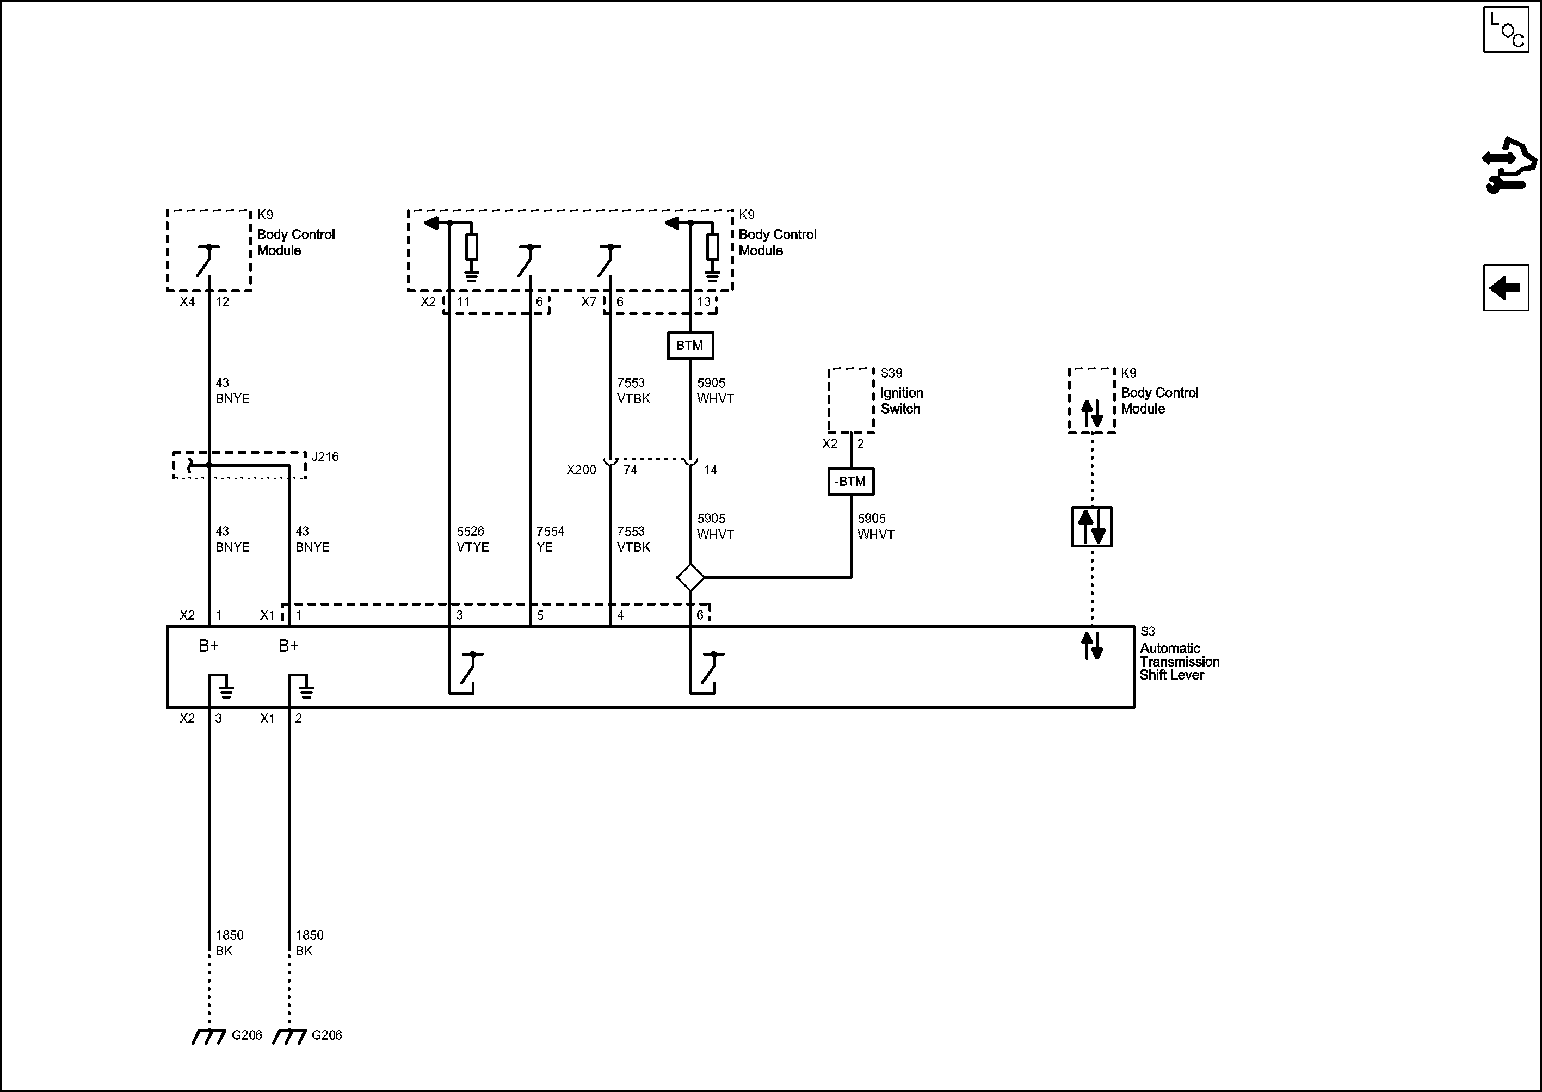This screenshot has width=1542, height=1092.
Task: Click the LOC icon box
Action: point(1506,29)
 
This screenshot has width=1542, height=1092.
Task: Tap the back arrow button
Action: point(1506,288)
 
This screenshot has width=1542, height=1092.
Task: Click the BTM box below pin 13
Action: point(690,346)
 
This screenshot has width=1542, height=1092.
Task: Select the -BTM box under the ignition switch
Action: point(850,482)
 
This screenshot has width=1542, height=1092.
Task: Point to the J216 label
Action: point(325,456)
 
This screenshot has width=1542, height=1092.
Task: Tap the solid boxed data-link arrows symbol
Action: point(1091,527)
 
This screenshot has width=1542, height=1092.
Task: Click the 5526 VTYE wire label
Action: point(472,539)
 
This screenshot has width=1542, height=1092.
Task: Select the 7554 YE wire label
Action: point(550,539)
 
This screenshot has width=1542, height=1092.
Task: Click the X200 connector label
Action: point(581,470)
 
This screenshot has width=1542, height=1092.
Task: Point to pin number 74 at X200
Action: point(630,470)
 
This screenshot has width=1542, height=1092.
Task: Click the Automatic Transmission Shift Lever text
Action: point(1179,661)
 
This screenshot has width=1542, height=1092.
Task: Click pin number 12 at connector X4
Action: point(223,302)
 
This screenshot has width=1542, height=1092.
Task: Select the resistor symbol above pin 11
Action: point(472,247)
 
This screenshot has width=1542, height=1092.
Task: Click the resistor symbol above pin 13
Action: point(713,247)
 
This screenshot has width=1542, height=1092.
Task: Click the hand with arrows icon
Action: point(1509,175)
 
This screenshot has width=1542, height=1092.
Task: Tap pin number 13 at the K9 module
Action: point(704,302)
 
